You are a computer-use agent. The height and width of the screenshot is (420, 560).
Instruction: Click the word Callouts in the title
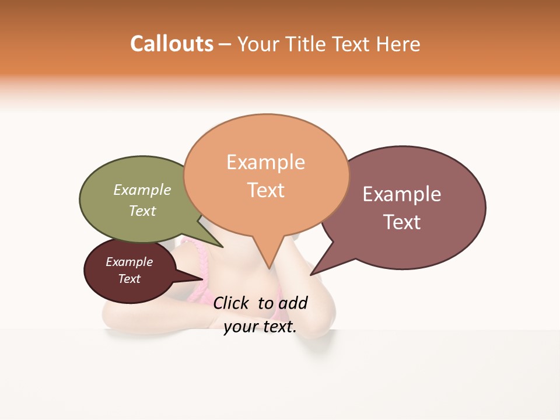tap(171, 44)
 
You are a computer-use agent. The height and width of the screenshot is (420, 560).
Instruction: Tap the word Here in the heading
tap(398, 44)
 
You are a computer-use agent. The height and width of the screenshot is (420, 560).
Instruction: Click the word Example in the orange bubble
tap(265, 162)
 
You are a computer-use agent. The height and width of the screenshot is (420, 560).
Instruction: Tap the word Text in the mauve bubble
tap(402, 222)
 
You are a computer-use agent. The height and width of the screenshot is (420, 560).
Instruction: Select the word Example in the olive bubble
tap(142, 190)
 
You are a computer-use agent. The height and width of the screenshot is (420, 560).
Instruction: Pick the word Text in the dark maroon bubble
tap(129, 279)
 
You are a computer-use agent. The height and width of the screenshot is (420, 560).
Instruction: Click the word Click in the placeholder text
tap(230, 303)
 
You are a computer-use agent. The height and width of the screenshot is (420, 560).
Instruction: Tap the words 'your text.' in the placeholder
tap(260, 327)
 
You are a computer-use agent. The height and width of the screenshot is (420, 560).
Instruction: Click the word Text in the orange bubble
tap(266, 190)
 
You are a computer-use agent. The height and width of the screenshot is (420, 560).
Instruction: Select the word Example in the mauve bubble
tap(402, 194)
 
